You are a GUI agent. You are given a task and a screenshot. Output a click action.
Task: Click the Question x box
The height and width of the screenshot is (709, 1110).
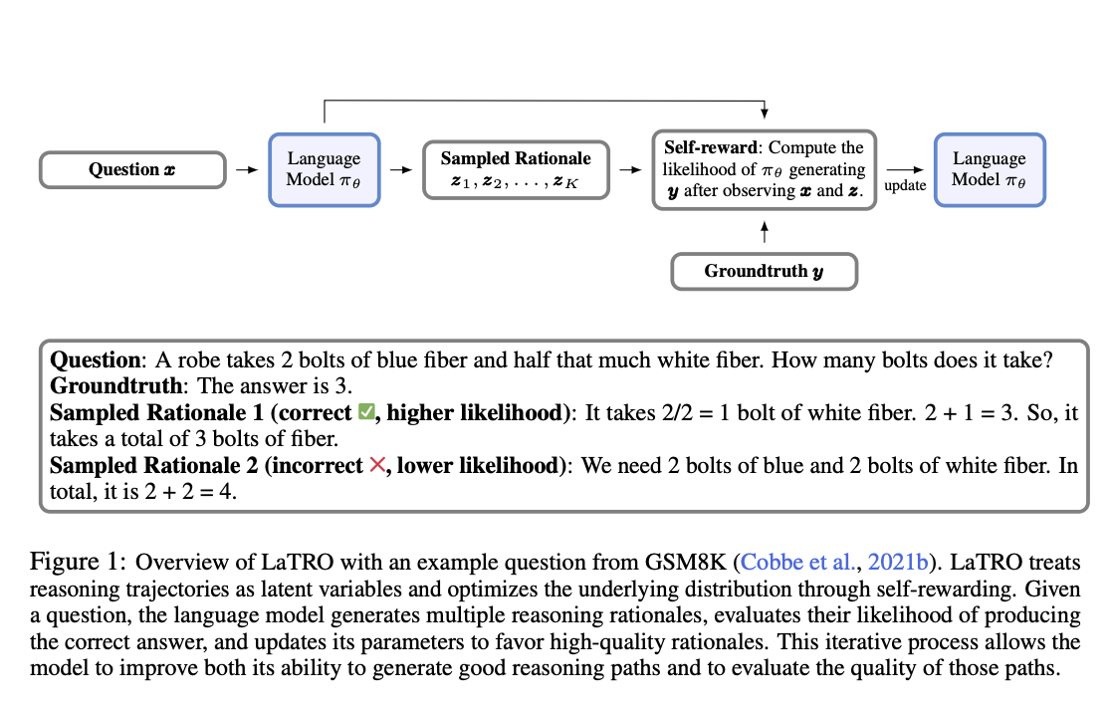[132, 170]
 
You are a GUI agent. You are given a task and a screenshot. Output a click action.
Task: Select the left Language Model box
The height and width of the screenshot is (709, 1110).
[325, 170]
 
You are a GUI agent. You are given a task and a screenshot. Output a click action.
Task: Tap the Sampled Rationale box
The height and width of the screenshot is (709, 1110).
[516, 170]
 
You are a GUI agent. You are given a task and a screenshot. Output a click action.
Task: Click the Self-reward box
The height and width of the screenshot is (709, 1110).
[764, 170]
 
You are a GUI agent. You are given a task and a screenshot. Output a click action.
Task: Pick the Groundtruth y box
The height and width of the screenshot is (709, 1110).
[764, 271]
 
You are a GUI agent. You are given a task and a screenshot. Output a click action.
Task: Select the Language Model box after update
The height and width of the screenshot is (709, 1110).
[990, 170]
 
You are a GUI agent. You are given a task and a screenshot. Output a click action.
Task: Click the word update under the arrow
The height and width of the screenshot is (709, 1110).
[905, 185]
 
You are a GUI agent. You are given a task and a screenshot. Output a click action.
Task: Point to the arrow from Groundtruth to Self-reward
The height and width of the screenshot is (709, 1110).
[764, 232]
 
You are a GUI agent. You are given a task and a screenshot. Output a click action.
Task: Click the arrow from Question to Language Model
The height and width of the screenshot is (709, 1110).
[247, 170]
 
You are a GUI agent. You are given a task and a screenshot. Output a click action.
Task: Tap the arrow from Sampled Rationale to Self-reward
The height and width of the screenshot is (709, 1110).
[631, 170]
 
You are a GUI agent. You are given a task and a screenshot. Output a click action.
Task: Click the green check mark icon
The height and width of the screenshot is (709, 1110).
[366, 411]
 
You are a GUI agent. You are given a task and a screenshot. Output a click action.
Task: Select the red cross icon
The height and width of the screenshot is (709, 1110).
[378, 465]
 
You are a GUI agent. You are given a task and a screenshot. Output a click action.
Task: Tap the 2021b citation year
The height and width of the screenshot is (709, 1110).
[898, 562]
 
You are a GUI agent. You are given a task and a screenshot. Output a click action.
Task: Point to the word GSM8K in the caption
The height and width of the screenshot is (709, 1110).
[685, 562]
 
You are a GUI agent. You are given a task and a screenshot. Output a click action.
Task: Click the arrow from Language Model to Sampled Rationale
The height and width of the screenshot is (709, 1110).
[401, 170]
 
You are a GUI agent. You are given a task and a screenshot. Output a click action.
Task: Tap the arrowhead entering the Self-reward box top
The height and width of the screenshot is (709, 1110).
[764, 114]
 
